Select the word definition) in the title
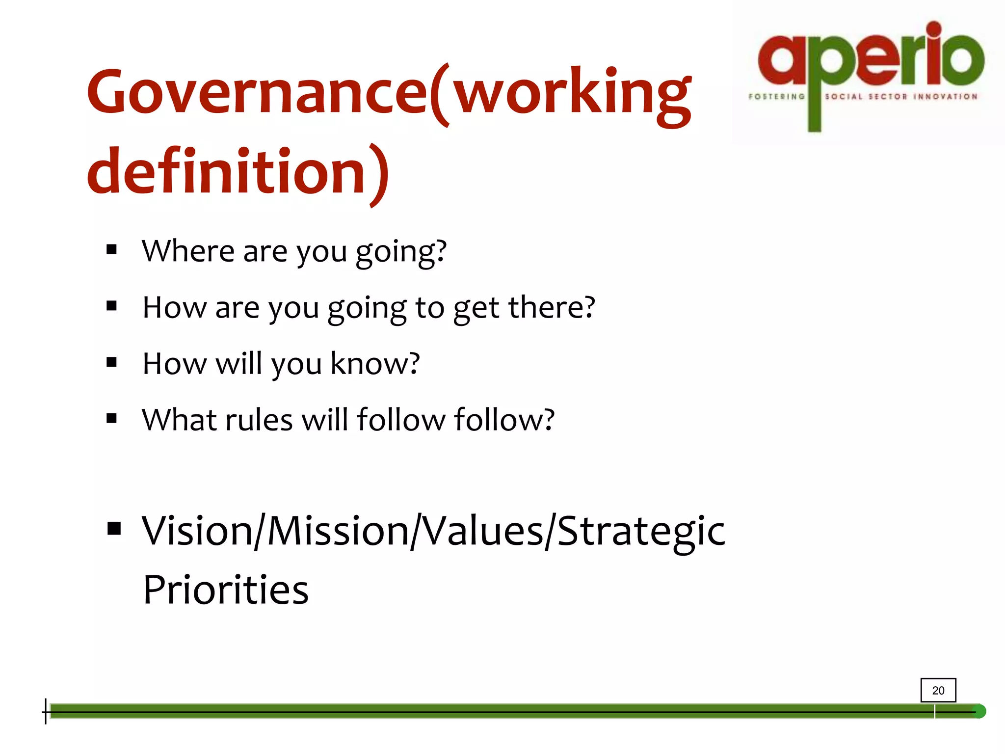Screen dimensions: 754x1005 [x=238, y=173]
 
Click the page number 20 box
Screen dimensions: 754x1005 [x=938, y=690]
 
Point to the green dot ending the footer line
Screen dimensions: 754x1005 [x=979, y=711]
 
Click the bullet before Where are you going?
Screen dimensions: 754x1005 [x=111, y=250]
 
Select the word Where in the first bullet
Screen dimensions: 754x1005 [x=188, y=251]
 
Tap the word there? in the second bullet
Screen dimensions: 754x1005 [x=551, y=308]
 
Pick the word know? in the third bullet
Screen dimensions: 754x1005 [x=375, y=364]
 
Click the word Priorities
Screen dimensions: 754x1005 [x=225, y=590]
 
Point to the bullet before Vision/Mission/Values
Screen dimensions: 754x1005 [x=114, y=529]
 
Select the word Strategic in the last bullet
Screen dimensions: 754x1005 [x=641, y=531]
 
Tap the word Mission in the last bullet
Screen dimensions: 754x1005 [x=338, y=531]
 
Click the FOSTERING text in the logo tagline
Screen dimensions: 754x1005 [x=776, y=97]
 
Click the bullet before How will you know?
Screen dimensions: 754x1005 [x=111, y=363]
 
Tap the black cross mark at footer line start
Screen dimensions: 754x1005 [x=46, y=711]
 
